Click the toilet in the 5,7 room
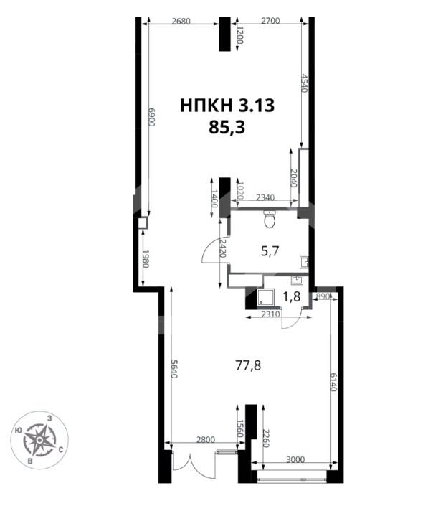click(270, 219)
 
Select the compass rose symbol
click(39, 440)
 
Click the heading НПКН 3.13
click(227, 106)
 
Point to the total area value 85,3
click(227, 127)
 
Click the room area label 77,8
click(248, 365)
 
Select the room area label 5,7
click(271, 251)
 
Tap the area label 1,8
click(291, 297)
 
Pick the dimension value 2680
click(181, 22)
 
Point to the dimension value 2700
click(270, 21)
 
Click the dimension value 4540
click(304, 83)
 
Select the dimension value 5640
click(174, 369)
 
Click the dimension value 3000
click(295, 459)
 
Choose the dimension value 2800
click(206, 440)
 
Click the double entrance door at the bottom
click(194, 460)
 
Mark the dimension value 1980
click(146, 259)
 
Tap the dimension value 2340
click(265, 197)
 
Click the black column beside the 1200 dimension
click(224, 34)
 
